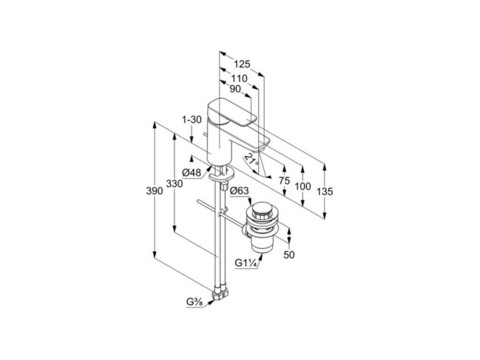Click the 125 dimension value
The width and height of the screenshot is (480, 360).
click(242, 64)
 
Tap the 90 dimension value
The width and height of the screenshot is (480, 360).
click(235, 89)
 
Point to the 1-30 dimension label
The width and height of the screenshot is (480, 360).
click(191, 120)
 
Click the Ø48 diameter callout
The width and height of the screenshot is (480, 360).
click(192, 173)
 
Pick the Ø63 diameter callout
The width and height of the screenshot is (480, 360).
click(239, 190)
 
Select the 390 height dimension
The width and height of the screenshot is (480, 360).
click(154, 191)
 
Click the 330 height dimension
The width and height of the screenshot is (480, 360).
click(174, 184)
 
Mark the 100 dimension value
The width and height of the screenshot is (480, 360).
click(303, 186)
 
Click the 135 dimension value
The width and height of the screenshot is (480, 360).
click(324, 191)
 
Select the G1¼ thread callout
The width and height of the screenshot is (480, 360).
click(245, 263)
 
